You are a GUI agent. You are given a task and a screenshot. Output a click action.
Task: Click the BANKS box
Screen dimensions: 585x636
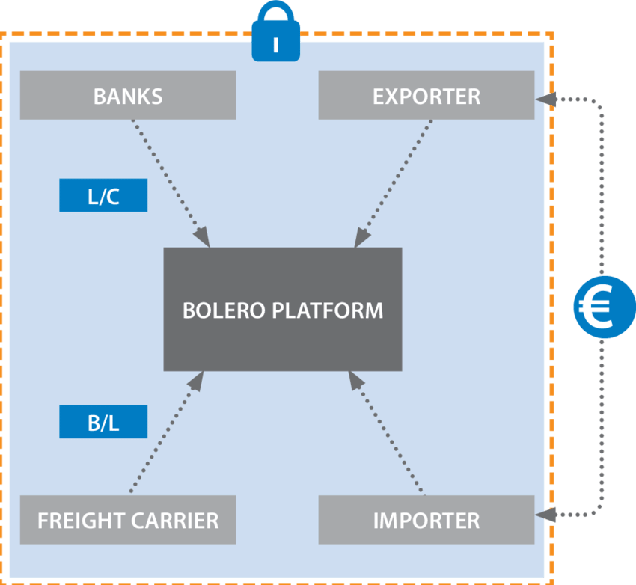128,96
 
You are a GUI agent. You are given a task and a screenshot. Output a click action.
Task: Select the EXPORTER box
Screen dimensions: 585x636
426,96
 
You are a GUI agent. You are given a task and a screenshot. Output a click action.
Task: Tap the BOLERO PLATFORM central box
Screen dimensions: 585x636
283,310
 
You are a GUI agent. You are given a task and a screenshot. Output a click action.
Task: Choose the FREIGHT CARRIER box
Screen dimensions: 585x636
128,520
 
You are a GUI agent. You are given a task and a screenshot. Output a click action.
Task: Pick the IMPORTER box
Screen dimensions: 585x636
426,520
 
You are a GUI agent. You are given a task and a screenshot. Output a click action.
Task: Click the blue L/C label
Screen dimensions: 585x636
103,197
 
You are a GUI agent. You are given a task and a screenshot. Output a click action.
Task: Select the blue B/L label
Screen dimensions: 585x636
103,423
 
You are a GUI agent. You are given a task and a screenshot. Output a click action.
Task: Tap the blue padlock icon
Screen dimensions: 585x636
275,34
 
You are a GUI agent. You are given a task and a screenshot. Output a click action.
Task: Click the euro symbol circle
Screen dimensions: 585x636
604,307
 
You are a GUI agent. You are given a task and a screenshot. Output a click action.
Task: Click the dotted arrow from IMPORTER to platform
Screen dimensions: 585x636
389,434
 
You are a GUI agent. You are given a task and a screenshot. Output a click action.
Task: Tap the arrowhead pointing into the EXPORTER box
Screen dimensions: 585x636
548,99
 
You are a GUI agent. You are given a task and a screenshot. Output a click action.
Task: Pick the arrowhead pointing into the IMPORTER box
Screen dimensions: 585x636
548,514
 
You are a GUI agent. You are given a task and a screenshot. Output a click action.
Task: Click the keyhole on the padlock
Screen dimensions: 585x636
275,45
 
